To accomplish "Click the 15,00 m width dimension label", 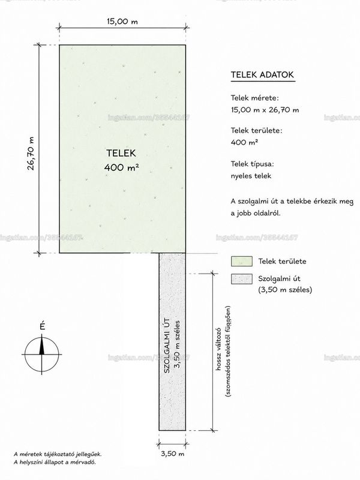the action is [122, 22].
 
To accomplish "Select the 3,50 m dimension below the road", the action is [173, 454].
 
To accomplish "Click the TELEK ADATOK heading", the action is [262, 74].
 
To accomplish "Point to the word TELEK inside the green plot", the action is [121, 153].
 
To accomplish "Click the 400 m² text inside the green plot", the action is [122, 167].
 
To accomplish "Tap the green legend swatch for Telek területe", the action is [242, 262].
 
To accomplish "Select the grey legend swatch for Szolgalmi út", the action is [242, 279].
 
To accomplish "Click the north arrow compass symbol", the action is [41, 354].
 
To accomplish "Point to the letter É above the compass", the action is [42, 326].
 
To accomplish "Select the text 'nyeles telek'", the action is [251, 176].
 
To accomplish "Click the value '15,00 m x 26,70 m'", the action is [265, 110].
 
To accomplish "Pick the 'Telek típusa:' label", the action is [252, 164].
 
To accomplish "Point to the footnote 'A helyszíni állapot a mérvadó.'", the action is [55, 462].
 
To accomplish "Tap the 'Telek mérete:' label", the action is [254, 98].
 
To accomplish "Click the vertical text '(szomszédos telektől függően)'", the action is [228, 352].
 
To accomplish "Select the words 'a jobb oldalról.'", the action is [256, 213].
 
